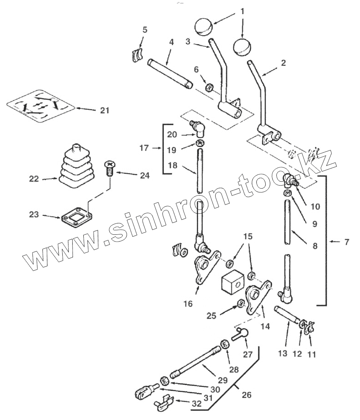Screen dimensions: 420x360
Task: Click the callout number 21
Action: point(104,110)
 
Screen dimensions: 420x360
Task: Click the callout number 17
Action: point(144,148)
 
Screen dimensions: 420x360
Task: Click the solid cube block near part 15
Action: point(232,284)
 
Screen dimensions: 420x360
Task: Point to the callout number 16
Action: point(188,304)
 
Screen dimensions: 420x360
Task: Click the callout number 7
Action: point(346,242)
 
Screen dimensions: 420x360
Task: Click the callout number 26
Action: point(246,395)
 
